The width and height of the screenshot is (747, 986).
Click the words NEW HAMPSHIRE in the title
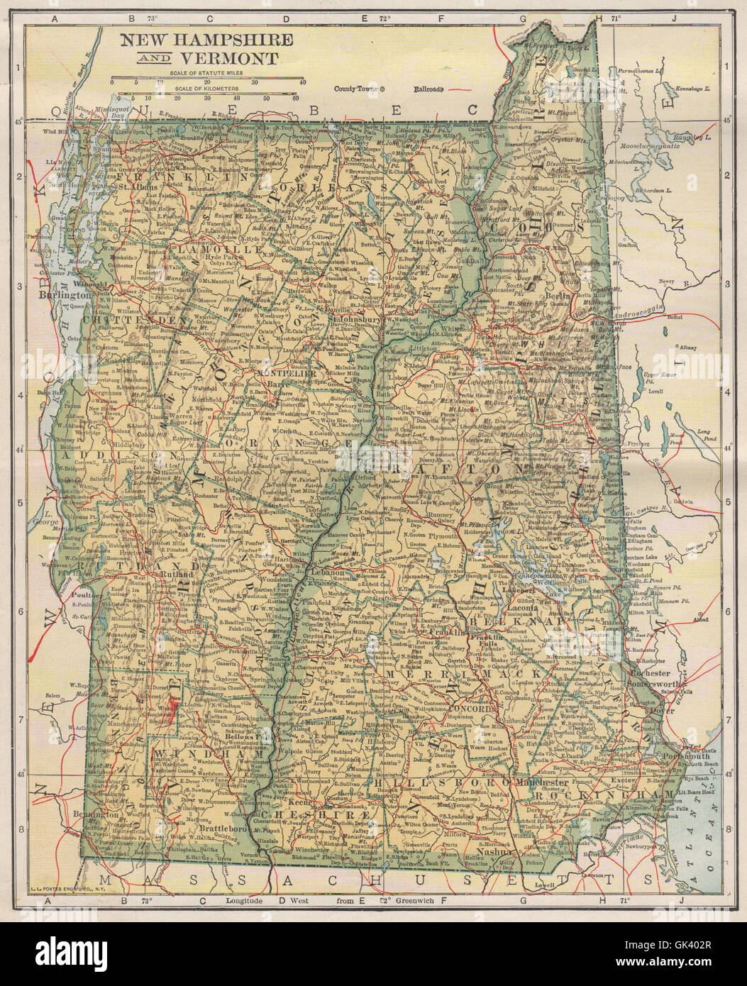point(196,39)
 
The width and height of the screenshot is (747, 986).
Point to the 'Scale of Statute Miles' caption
point(206,73)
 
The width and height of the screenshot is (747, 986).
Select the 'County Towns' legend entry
point(356,89)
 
